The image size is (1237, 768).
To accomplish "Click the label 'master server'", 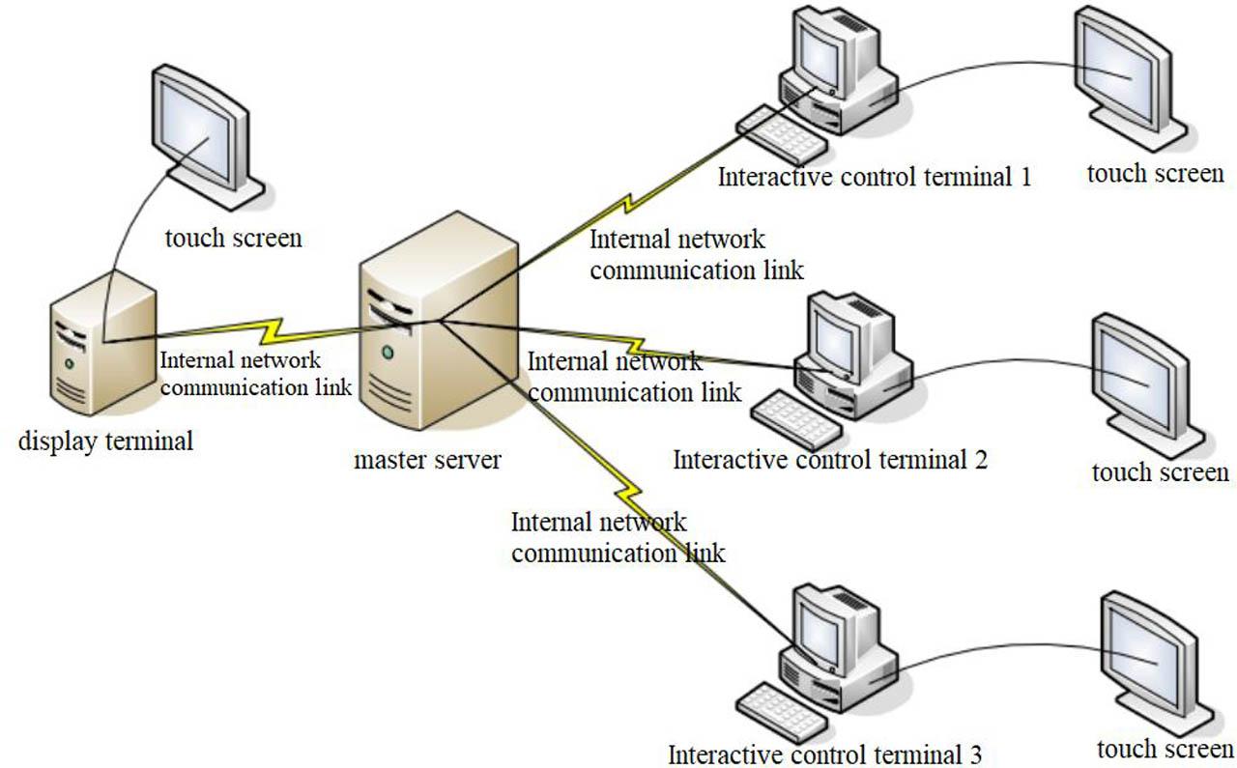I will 427,460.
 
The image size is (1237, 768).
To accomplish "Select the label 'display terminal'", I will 105,441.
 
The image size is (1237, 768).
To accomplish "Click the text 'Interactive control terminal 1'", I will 875,177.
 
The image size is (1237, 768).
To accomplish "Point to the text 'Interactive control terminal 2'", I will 830,459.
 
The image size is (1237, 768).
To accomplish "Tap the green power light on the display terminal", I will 69,363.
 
